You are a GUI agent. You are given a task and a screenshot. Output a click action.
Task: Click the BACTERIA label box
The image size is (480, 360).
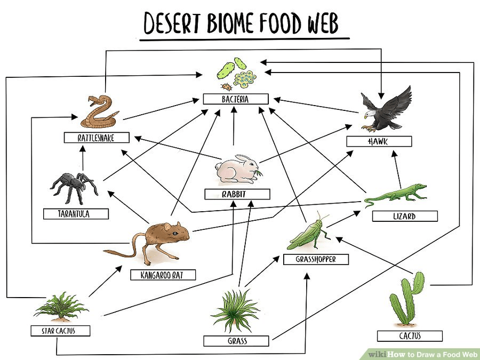(x=236, y=99)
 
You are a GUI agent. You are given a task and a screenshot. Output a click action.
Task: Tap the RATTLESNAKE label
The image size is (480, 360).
(x=97, y=138)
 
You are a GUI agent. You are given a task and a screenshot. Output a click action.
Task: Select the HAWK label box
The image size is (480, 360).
(x=379, y=141)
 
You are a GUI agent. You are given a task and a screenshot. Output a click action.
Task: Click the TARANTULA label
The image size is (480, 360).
(x=76, y=214)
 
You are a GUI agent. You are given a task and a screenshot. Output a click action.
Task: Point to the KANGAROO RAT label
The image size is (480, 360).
(x=163, y=275)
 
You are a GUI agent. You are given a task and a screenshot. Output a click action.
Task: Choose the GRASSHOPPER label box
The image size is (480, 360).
(x=316, y=259)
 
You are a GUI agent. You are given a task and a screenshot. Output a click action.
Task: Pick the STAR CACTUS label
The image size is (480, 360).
(x=60, y=331)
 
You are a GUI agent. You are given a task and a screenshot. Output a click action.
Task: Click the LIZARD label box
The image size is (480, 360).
(x=405, y=216)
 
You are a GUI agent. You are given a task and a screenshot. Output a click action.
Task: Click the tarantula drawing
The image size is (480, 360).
(x=74, y=188)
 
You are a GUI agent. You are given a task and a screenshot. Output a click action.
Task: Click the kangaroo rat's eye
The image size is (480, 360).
(x=174, y=233)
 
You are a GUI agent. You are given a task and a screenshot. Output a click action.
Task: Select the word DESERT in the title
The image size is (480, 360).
(x=172, y=23)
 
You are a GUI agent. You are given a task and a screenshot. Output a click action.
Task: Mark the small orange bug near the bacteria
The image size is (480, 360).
(x=227, y=87)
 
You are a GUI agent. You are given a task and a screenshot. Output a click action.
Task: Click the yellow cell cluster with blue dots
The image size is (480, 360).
(x=245, y=79)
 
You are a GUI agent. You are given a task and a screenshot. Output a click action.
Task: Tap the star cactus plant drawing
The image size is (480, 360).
(x=61, y=307)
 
